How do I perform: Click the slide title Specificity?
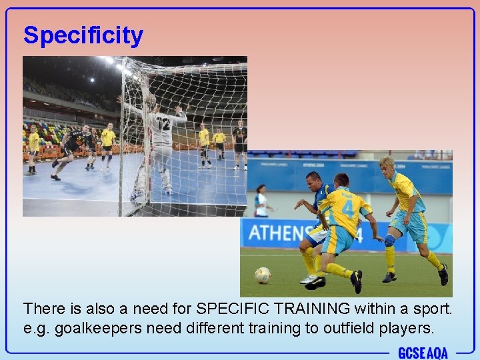click(x=83, y=35)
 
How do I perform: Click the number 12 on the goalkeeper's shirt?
click(x=162, y=123)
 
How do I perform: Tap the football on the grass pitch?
click(x=263, y=275)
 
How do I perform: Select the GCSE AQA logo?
click(x=423, y=353)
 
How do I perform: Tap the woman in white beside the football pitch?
click(x=261, y=201)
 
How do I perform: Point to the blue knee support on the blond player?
click(x=389, y=240)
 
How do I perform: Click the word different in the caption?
click(x=197, y=327)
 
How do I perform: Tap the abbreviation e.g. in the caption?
click(x=35, y=327)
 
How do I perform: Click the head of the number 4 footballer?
click(x=341, y=181)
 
